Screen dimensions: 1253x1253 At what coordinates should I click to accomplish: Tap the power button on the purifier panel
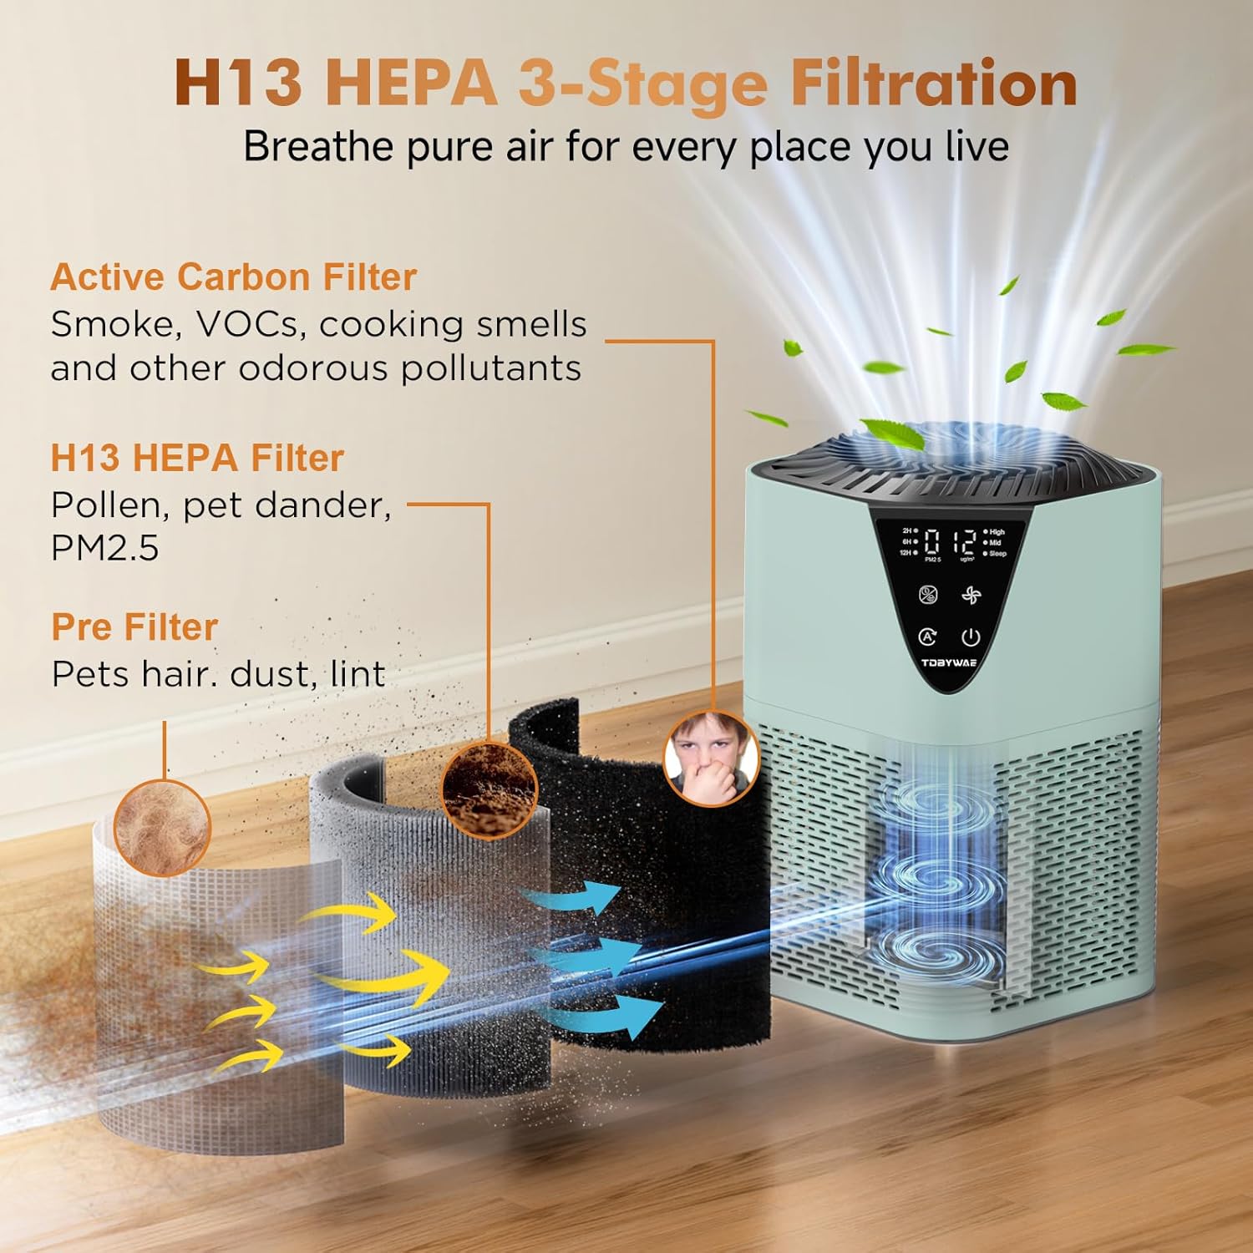(970, 638)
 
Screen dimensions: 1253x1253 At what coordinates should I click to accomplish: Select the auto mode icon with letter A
(927, 637)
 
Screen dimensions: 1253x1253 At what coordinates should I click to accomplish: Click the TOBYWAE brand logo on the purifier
(948, 663)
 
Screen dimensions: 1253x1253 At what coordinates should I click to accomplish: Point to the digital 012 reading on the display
(950, 543)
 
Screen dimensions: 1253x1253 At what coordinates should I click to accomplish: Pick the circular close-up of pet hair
(162, 827)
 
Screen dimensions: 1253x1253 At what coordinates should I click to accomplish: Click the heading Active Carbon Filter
(233, 277)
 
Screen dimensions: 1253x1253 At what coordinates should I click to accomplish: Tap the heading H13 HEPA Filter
(197, 458)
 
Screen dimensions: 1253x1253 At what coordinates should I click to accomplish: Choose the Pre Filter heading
(134, 627)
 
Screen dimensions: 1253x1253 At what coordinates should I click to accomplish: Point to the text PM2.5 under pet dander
(104, 548)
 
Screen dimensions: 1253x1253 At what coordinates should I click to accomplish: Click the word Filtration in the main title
(934, 84)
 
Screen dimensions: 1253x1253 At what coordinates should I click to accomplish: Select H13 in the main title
(238, 84)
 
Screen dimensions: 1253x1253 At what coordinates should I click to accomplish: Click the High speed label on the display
(996, 532)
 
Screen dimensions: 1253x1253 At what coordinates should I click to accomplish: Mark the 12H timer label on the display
(906, 553)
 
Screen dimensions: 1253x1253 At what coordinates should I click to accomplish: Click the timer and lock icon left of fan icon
(928, 595)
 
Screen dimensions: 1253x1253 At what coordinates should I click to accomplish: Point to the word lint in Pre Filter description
(358, 674)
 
